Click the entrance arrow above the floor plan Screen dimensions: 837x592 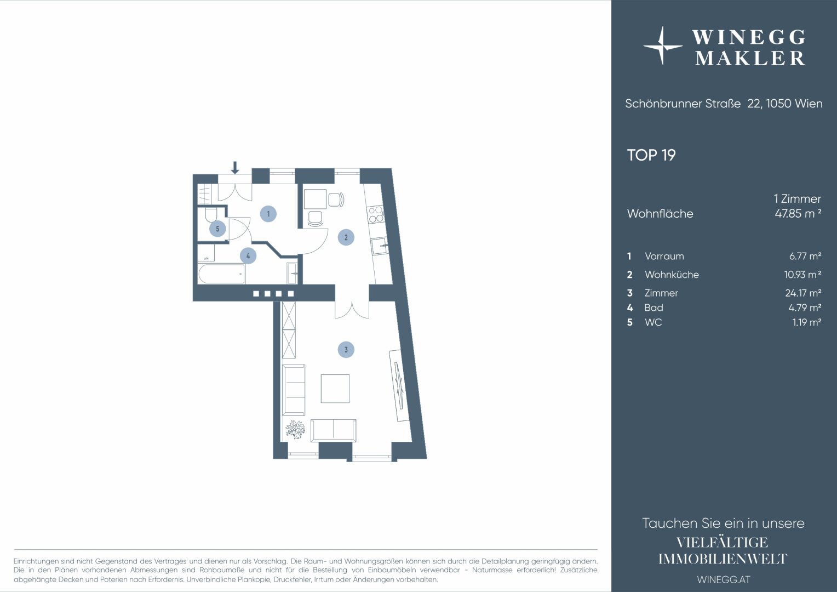tap(234, 168)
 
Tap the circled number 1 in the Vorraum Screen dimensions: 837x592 tap(268, 214)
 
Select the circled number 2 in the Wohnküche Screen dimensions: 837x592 tap(346, 237)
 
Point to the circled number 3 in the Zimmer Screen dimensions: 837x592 tap(346, 350)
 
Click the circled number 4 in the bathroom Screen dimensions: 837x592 tap(248, 256)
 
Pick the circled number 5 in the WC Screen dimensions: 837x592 tap(217, 229)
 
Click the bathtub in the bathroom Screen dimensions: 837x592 tap(222, 274)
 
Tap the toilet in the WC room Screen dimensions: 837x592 tap(211, 215)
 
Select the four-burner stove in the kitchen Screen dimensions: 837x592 tap(376, 214)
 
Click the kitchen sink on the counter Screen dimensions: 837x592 tap(380, 246)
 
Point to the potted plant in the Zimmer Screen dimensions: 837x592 tap(295, 429)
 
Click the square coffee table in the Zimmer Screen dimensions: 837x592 tap(335, 389)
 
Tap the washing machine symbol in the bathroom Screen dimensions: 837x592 tap(206, 253)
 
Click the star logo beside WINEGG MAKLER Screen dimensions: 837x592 tap(662, 45)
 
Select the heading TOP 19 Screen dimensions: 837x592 tap(651, 155)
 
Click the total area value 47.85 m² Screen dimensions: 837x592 tap(798, 213)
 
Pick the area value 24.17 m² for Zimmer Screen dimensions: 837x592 tap(803, 293)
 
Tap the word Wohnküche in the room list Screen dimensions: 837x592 tap(672, 275)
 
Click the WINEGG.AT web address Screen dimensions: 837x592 tap(724, 579)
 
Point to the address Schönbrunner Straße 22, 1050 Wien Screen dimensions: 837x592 tap(724, 104)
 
